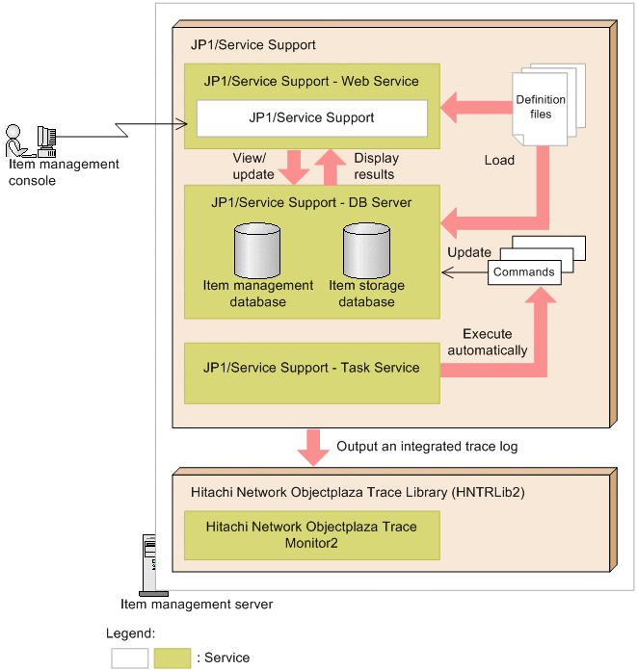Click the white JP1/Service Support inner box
311,118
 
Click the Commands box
524,272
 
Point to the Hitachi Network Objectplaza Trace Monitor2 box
311,535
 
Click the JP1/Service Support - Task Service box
311,368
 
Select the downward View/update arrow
292,170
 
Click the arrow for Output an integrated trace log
311,447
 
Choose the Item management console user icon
27,140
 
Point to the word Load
499,161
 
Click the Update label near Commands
468,252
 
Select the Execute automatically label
488,343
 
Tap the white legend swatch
129,658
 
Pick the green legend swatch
172,658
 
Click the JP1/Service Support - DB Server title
311,202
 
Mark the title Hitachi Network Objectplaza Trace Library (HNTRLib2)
367,491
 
